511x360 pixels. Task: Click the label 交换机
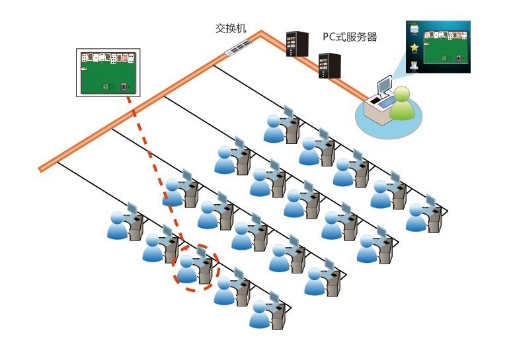(x=231, y=28)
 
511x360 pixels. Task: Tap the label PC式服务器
(x=350, y=36)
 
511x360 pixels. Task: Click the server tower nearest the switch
(x=297, y=44)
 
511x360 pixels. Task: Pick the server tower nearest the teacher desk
(x=329, y=65)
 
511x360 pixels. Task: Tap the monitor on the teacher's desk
(x=384, y=84)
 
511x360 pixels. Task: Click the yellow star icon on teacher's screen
(x=414, y=48)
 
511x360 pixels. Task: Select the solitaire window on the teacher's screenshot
(x=446, y=47)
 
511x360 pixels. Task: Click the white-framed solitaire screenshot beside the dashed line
(x=108, y=73)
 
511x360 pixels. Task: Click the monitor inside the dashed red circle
(x=201, y=254)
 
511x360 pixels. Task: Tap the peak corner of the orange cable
(x=261, y=32)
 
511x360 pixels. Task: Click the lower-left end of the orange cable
(x=41, y=169)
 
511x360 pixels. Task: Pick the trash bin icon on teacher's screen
(x=414, y=65)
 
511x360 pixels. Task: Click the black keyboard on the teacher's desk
(x=375, y=100)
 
